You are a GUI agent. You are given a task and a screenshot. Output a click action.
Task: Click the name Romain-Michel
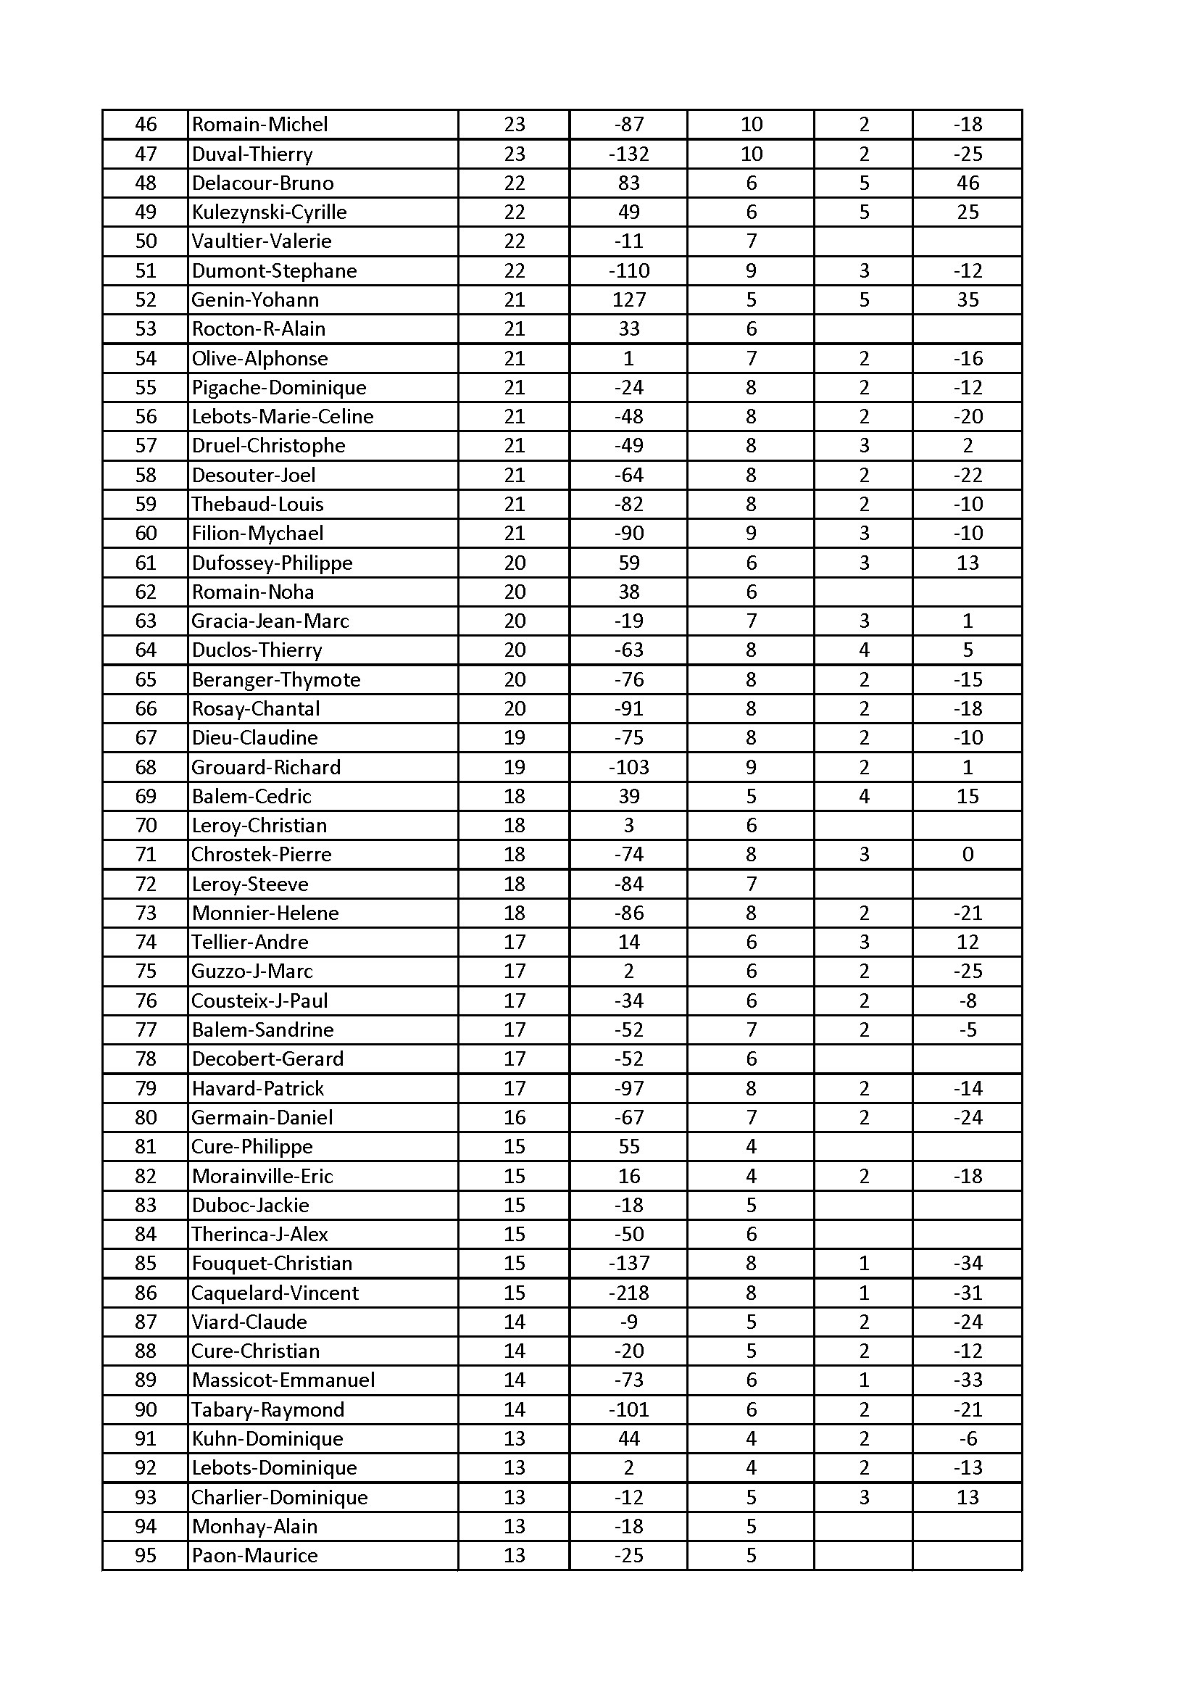(x=260, y=125)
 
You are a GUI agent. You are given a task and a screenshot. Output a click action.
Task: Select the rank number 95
(x=146, y=1556)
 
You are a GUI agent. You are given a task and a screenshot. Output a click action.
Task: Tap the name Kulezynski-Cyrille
(x=269, y=212)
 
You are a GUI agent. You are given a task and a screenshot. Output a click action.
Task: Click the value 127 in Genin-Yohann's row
(x=628, y=299)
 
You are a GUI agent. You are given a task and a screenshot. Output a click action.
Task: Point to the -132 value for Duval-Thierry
(x=628, y=154)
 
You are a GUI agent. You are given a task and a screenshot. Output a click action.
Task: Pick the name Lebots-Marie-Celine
(x=283, y=417)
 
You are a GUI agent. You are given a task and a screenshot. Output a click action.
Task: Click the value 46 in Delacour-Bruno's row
(x=967, y=183)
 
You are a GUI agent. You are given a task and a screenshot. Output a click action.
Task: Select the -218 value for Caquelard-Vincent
(x=628, y=1293)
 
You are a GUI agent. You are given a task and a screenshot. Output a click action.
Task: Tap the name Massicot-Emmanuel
(x=283, y=1380)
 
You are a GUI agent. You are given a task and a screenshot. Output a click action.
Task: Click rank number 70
(x=146, y=825)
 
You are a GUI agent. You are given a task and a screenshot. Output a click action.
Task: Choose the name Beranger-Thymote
(x=276, y=680)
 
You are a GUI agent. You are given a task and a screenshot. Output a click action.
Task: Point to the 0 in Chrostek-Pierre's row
(x=967, y=855)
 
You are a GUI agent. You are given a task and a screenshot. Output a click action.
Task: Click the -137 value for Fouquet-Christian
(x=628, y=1263)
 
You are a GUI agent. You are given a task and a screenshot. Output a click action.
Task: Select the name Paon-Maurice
(x=254, y=1556)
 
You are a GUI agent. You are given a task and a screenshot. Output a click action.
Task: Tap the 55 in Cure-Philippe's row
(x=628, y=1146)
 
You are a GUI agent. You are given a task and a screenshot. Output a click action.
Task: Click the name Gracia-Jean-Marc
(x=270, y=621)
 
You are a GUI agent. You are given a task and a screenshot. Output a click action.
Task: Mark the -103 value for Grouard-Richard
(x=628, y=768)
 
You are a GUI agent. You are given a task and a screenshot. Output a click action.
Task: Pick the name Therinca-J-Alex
(x=260, y=1235)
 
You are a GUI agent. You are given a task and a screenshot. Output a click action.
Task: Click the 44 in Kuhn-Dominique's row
(x=628, y=1439)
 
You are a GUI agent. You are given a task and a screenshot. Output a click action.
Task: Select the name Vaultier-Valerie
(x=262, y=241)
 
